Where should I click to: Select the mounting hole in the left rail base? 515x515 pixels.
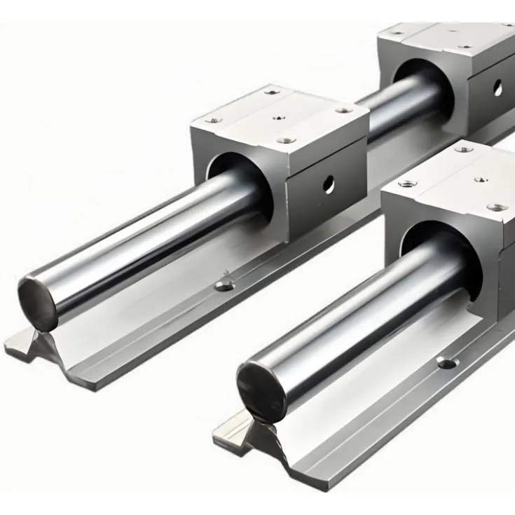coord(224,285)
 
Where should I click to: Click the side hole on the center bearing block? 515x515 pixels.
coord(328,184)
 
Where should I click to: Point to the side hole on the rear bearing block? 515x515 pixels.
coord(497,87)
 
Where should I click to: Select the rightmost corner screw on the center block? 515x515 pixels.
coord(344,110)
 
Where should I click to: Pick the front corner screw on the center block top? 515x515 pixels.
coord(284,140)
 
